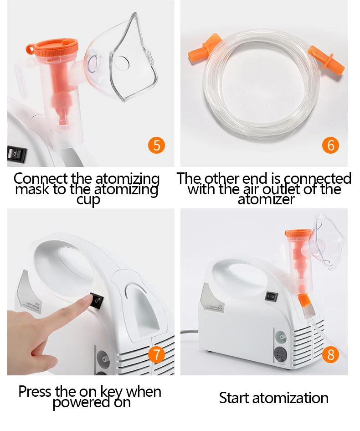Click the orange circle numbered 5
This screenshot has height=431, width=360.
[156, 145]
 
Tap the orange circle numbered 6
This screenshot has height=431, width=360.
[331, 145]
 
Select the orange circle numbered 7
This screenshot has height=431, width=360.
[156, 354]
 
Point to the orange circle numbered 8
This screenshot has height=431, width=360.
[331, 354]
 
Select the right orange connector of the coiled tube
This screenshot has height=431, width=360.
[326, 59]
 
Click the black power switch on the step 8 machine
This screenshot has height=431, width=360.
[271, 296]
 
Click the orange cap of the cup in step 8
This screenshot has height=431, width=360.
[298, 234]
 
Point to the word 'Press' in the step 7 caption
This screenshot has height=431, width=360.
[35, 391]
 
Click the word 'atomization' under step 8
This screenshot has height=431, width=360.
[290, 398]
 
